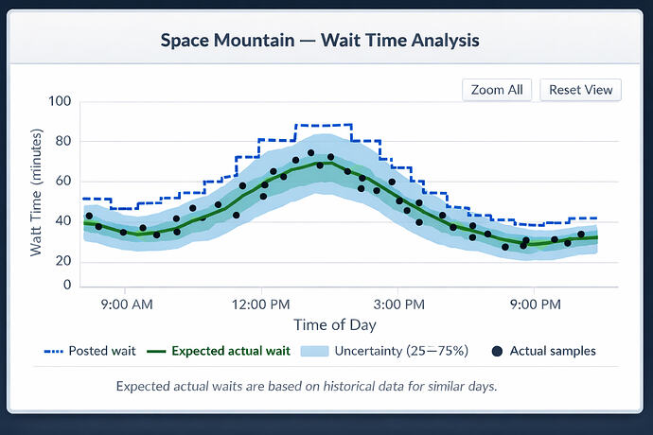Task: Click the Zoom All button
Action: (497, 90)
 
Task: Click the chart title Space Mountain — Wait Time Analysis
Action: (320, 41)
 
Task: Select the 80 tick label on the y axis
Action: (62, 142)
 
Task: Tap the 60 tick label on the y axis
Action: (62, 182)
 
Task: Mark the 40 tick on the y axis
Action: (62, 221)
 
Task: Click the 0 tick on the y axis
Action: (66, 285)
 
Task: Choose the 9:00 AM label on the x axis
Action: (126, 304)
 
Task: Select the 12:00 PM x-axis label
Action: (260, 304)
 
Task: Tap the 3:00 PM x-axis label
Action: (398, 304)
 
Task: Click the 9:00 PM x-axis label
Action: (535, 304)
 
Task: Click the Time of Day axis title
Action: (334, 325)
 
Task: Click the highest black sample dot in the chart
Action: (310, 152)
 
